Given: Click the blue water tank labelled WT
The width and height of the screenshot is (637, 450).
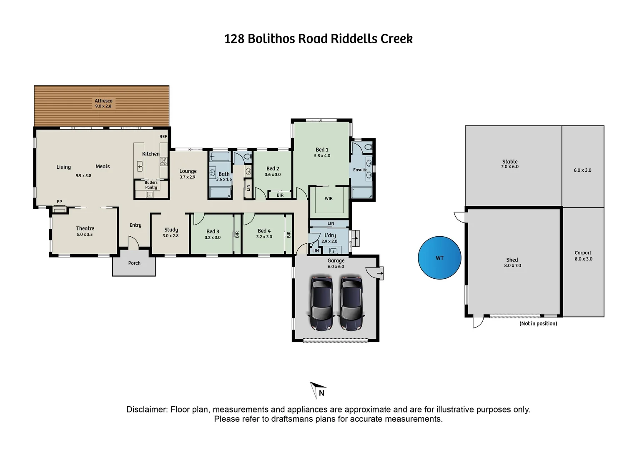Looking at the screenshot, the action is (x=439, y=258).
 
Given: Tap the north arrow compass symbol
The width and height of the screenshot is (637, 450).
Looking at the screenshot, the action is (x=318, y=390).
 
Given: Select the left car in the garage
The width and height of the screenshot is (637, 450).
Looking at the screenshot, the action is (x=322, y=303).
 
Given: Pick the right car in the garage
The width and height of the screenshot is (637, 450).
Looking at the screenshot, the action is (x=351, y=303).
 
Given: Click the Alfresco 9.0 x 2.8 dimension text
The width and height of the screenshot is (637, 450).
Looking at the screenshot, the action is (x=103, y=106).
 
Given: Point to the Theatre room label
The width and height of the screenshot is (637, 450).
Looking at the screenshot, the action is (x=85, y=228).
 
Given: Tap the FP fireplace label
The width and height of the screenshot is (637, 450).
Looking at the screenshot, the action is (x=59, y=202).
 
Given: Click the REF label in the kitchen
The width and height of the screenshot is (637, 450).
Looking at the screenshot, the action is (x=163, y=136).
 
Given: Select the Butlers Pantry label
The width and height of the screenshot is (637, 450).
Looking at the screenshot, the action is (x=151, y=185).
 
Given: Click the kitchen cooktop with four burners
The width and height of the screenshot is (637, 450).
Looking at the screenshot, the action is (x=163, y=162).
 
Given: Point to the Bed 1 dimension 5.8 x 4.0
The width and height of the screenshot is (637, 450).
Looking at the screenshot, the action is (x=322, y=155).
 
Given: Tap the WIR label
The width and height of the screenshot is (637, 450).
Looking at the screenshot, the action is (x=329, y=198).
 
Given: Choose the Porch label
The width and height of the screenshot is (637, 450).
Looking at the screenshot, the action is (x=134, y=263).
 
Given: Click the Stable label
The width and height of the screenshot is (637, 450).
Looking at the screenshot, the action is (x=510, y=161).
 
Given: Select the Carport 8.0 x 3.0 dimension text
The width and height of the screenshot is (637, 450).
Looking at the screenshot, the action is (x=584, y=259).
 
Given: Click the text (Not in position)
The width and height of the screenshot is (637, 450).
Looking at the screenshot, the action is (x=538, y=323).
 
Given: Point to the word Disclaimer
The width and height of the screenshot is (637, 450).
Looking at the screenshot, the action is (x=147, y=409).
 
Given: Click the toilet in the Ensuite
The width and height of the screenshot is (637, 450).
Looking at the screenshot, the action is (x=368, y=147).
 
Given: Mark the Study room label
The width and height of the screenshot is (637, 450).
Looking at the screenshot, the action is (x=171, y=230).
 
